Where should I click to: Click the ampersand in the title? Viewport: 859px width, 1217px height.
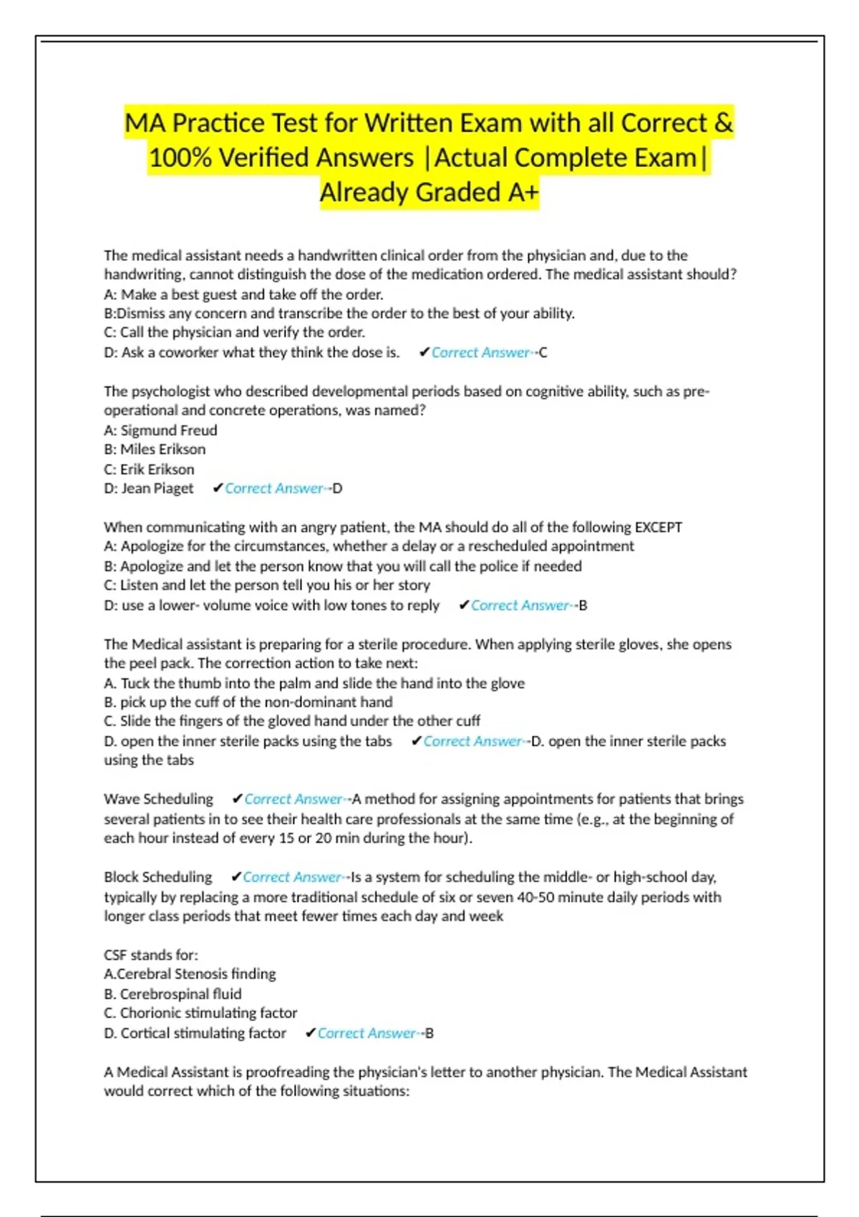tap(724, 123)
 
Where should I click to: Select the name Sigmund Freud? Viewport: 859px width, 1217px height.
tap(168, 430)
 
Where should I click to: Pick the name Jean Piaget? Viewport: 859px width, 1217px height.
tap(157, 488)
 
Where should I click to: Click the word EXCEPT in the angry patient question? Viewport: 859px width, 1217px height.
tap(659, 528)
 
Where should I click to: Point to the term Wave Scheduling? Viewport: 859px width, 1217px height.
tap(158, 799)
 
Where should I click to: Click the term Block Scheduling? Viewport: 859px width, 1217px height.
tap(157, 877)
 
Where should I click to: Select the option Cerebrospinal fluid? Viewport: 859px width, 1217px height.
tap(180, 994)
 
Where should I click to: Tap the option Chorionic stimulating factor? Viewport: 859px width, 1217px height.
tap(208, 1013)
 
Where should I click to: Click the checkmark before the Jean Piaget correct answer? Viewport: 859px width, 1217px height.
tap(218, 488)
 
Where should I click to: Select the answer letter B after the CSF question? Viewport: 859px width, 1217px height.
tap(429, 1033)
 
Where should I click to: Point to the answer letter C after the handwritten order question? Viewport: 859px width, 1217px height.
tap(543, 352)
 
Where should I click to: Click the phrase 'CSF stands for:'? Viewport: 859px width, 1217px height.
tap(151, 955)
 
